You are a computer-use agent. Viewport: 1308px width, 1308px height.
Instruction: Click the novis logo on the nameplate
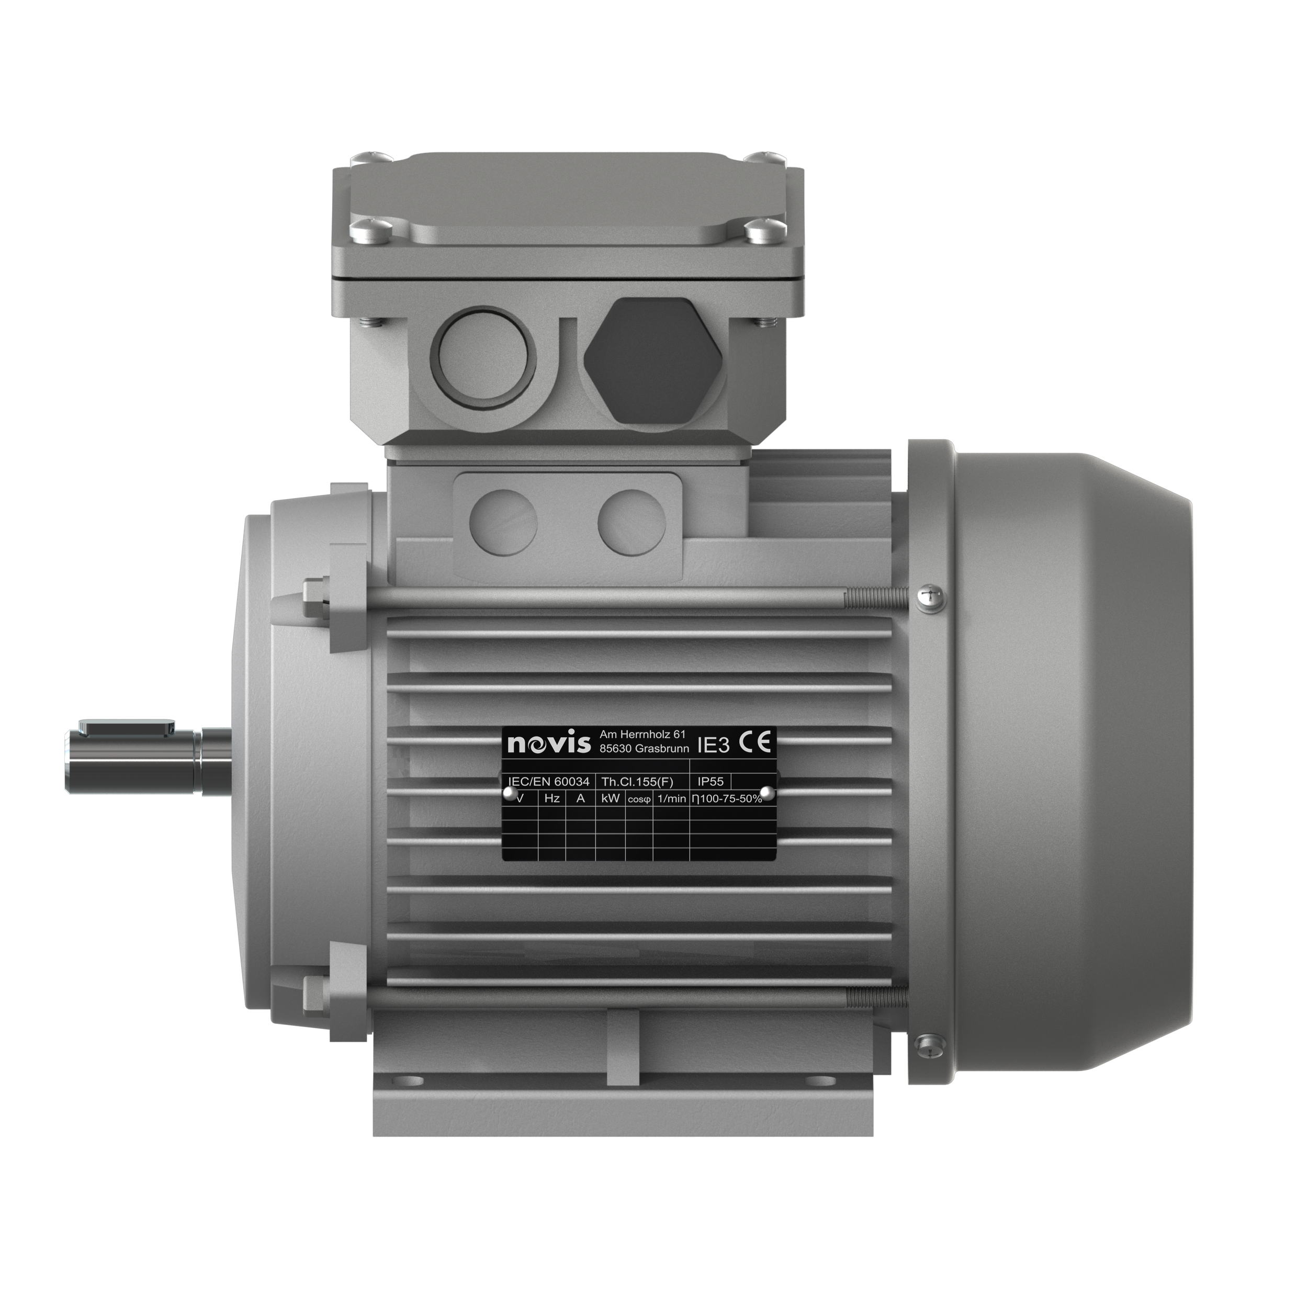coord(548,744)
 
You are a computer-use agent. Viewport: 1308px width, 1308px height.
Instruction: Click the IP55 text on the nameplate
coord(710,781)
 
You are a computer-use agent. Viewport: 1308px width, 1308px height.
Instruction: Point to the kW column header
coord(610,798)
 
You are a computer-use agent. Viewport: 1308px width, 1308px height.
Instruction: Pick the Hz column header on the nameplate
coord(552,798)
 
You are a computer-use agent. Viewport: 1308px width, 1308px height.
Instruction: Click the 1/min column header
coord(671,799)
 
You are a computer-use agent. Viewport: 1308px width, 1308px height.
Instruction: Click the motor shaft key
coord(127,728)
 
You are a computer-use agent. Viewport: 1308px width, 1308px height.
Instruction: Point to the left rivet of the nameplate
coord(508,793)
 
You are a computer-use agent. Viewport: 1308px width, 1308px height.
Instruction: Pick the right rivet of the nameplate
coord(766,792)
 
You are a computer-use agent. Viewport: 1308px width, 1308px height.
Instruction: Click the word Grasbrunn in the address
coord(662,749)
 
